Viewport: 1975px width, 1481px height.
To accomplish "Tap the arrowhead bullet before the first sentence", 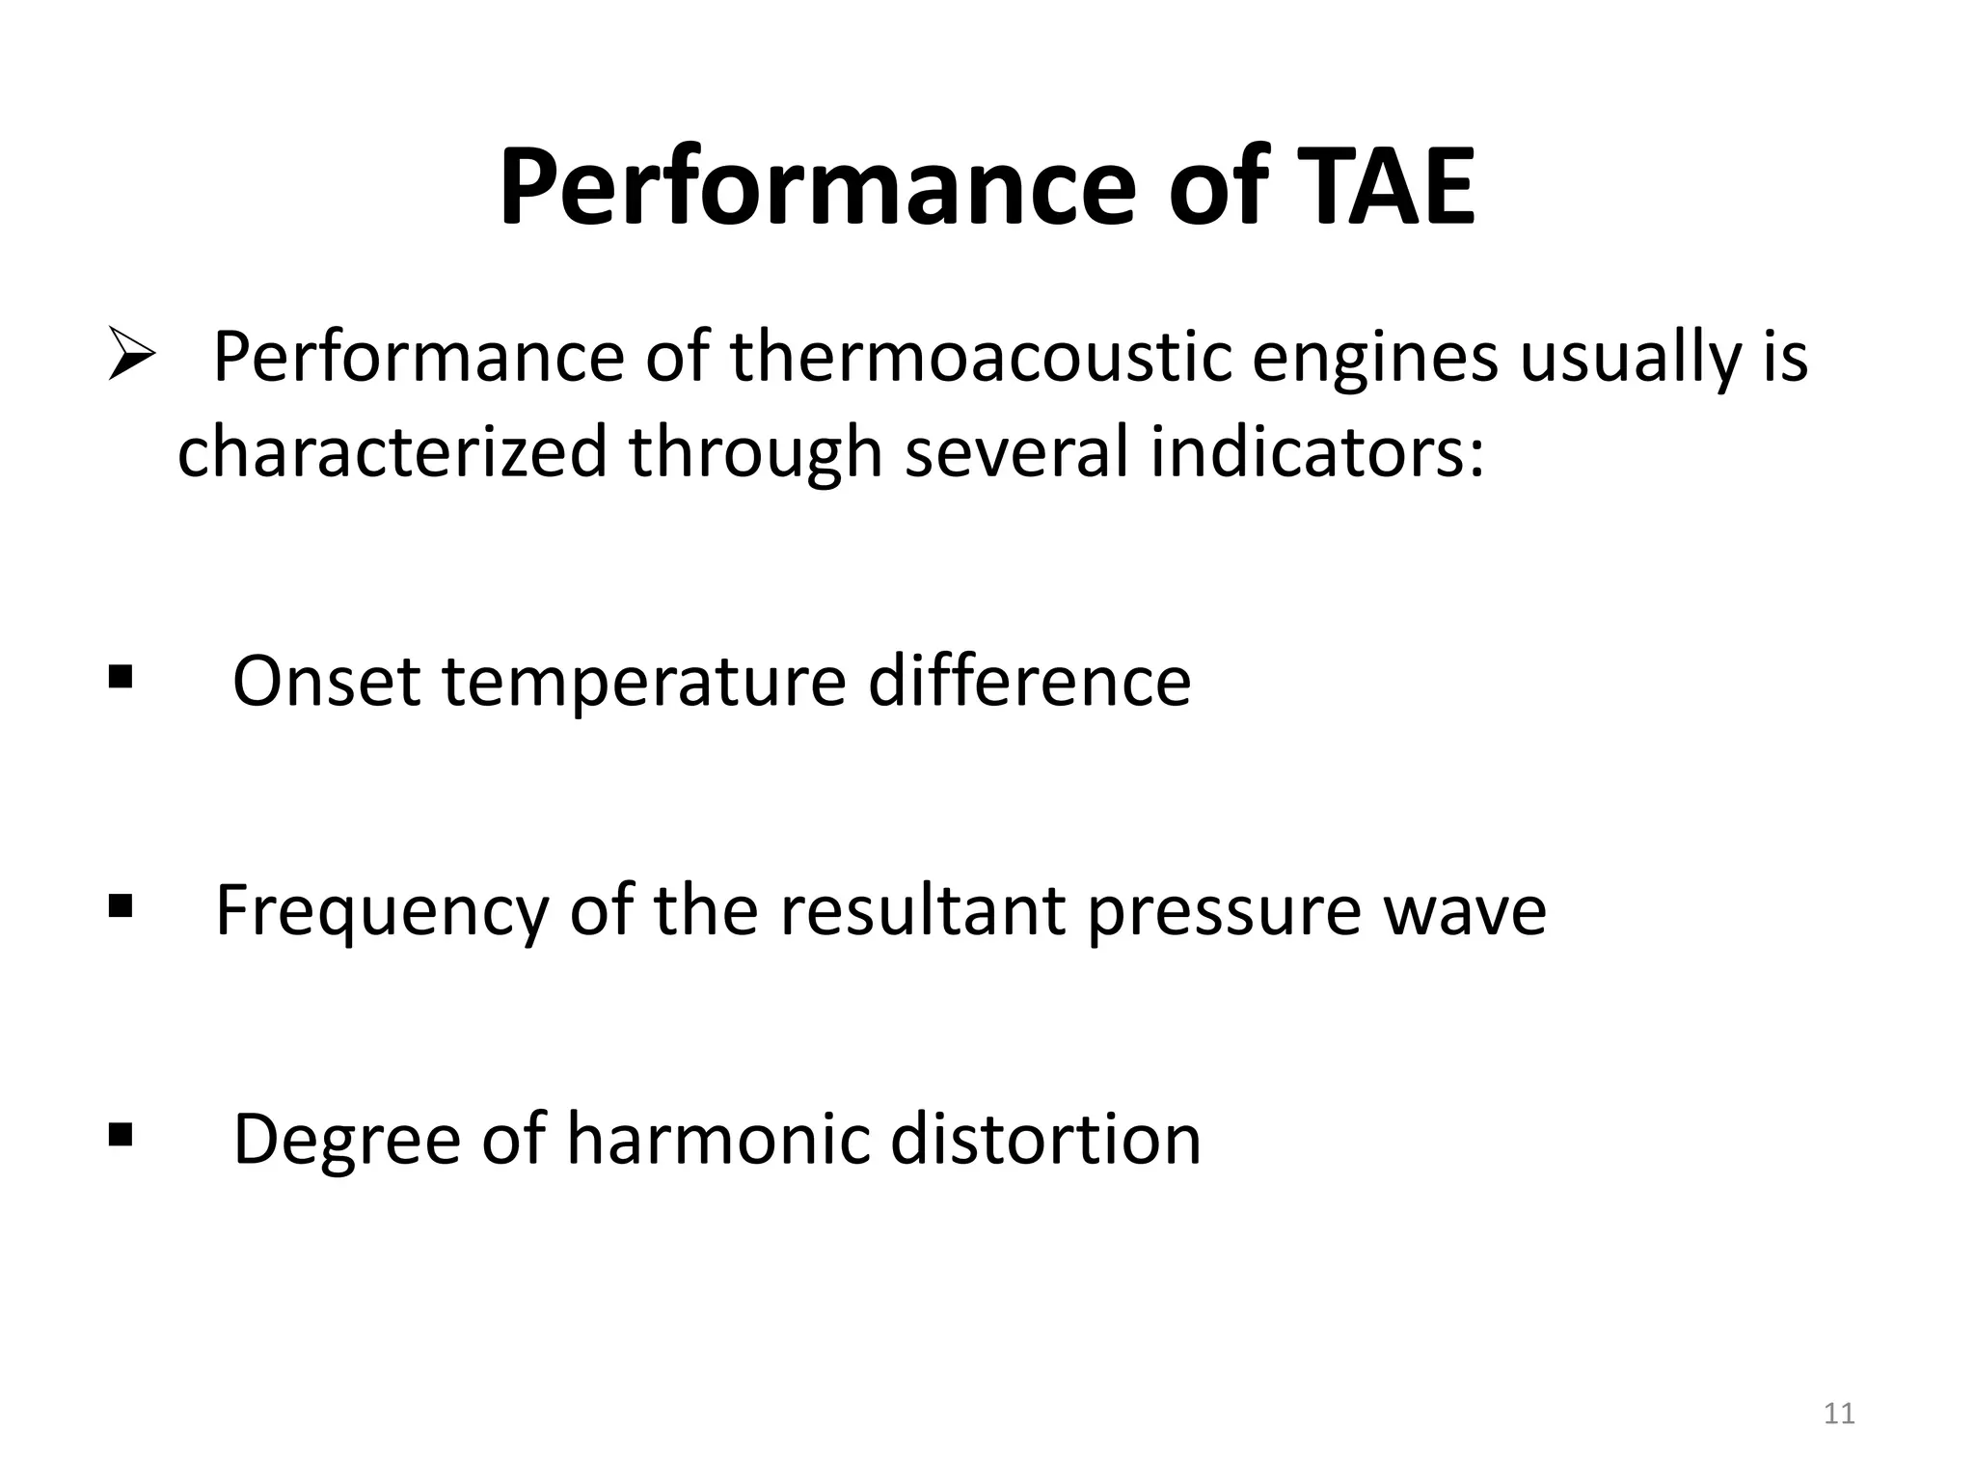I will coord(131,354).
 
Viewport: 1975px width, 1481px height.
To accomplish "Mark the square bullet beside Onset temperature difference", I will coord(121,678).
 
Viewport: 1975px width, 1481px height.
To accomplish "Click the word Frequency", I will coord(381,911).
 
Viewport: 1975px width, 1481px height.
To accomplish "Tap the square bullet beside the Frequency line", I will coord(121,906).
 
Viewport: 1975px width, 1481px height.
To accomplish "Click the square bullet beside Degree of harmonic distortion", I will coord(121,1135).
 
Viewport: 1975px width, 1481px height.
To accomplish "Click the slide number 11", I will coord(1839,1414).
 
